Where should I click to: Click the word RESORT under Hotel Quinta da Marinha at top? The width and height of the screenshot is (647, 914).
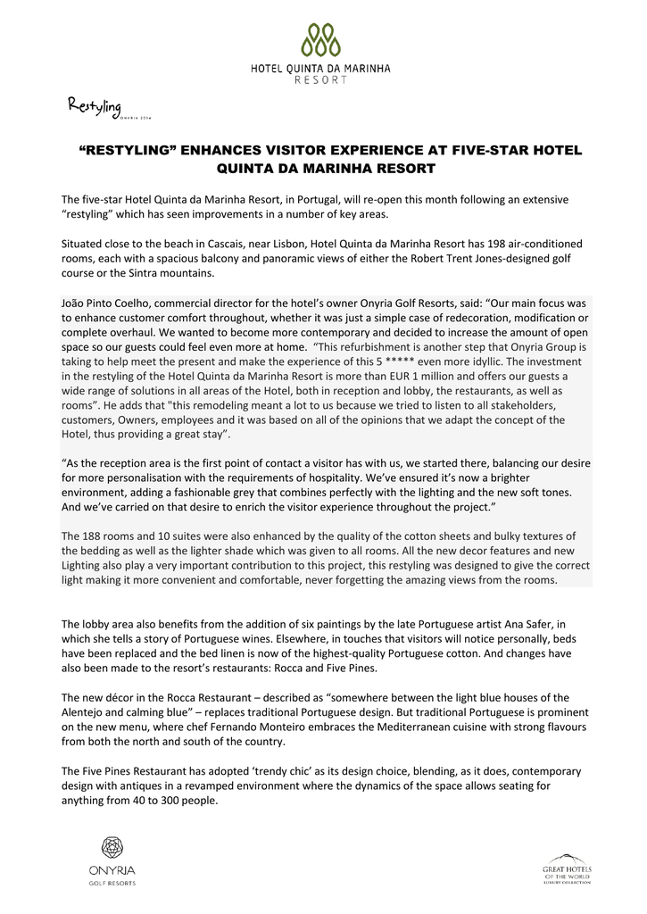pyautogui.click(x=320, y=79)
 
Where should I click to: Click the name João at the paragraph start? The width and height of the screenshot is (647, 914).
pyautogui.click(x=76, y=303)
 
